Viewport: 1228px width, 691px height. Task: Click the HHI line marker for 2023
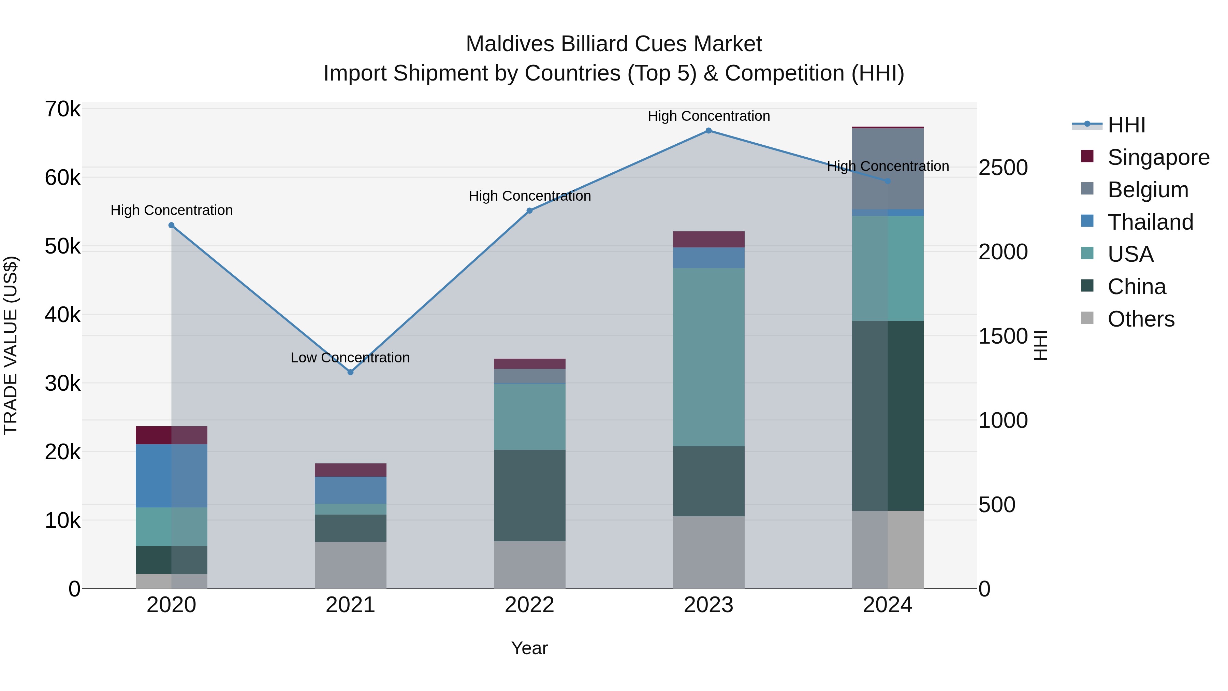(x=708, y=131)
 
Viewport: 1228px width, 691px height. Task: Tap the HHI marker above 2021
(x=350, y=372)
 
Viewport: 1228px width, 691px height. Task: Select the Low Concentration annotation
(x=350, y=358)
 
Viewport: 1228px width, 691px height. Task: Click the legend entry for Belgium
(x=1148, y=190)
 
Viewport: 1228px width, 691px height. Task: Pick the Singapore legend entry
(x=1158, y=157)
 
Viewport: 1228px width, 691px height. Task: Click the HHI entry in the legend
(x=1126, y=125)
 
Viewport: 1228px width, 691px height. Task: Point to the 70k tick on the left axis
(x=62, y=109)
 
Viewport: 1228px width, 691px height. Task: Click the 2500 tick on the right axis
(x=1003, y=168)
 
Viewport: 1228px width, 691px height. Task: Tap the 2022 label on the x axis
(x=529, y=605)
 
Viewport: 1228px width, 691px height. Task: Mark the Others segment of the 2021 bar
(x=350, y=565)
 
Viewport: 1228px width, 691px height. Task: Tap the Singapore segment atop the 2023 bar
(x=708, y=240)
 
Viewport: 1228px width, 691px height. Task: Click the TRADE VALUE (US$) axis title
(x=11, y=345)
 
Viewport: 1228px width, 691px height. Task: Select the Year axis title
(x=529, y=649)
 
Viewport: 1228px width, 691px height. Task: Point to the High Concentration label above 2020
(x=172, y=210)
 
